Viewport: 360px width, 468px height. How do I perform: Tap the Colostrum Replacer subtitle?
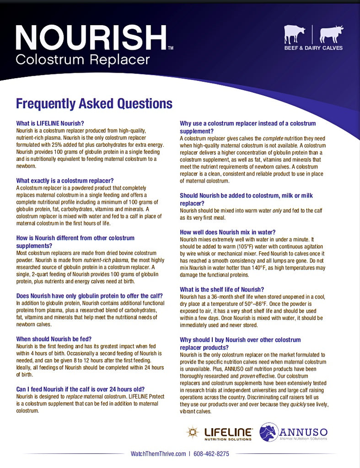pos(83,59)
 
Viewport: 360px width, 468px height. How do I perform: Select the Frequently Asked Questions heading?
pos(94,104)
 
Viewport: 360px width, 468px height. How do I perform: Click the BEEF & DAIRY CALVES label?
pos(313,48)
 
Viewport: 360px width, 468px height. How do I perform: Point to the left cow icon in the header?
pos(294,34)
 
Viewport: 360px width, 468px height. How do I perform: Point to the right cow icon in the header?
pos(331,34)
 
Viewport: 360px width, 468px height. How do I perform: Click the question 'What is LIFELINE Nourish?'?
pos(50,123)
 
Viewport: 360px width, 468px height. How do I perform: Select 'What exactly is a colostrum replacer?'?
pos(65,181)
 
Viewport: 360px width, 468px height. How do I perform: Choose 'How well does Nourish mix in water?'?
pos(227,232)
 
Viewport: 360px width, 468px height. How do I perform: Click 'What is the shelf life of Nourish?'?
pos(222,289)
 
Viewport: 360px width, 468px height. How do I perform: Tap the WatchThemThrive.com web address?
pos(158,454)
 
